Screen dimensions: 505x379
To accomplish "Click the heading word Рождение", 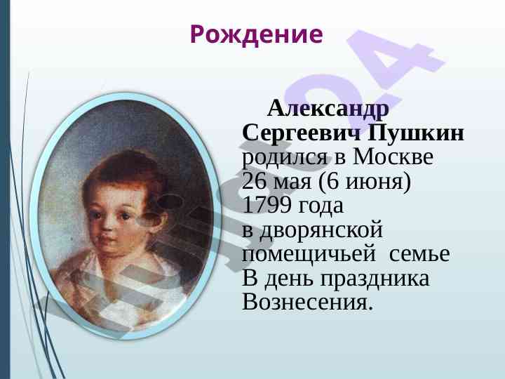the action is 257,35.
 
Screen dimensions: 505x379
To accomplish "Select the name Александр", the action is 328,108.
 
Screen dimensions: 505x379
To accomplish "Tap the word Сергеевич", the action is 302,133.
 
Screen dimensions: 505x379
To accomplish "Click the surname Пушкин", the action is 416,132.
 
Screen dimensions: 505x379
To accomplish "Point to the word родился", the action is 284,158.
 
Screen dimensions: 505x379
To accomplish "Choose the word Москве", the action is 393,157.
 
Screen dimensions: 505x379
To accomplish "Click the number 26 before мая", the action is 254,181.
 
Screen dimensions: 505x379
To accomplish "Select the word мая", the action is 292,182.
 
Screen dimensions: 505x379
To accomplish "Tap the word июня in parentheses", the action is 374,182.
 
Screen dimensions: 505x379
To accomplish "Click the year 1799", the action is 267,205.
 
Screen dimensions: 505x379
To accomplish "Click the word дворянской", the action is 321,231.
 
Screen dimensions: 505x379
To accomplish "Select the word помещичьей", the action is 309,255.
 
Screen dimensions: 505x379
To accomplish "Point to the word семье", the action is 419,254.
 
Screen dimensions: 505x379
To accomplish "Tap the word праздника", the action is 375,279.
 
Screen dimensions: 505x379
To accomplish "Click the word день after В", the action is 288,279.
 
